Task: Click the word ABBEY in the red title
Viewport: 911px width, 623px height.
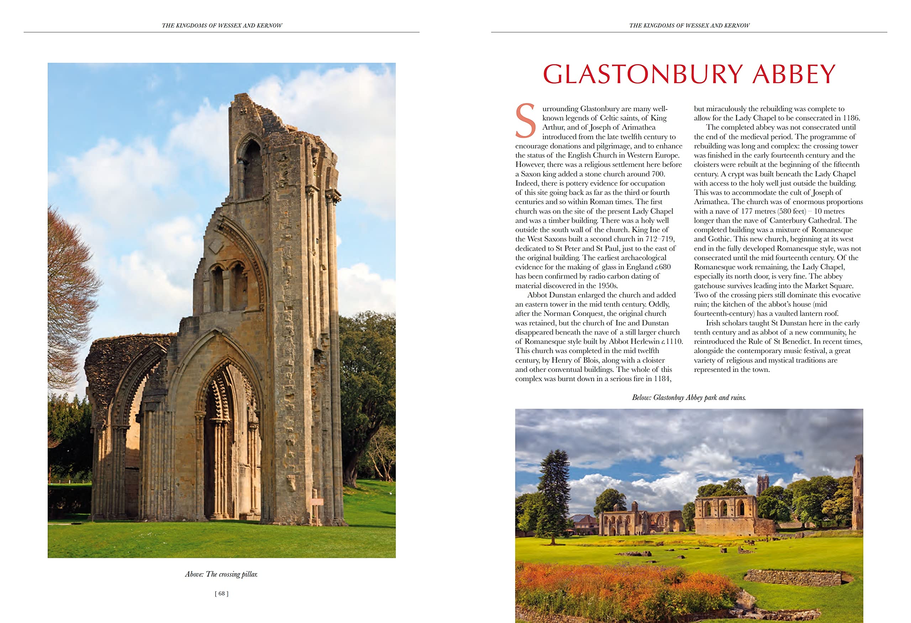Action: click(794, 74)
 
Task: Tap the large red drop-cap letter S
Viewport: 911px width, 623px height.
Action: click(526, 121)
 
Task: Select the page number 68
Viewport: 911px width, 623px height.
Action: click(221, 593)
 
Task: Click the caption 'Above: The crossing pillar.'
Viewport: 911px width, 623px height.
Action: click(221, 574)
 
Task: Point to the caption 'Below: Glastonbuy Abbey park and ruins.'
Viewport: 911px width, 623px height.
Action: click(689, 398)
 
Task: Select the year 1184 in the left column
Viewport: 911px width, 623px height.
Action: click(663, 379)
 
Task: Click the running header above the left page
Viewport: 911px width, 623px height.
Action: click(222, 26)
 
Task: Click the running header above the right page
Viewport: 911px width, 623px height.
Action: click(689, 26)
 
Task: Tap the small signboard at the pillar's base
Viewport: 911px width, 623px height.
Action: click(316, 502)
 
